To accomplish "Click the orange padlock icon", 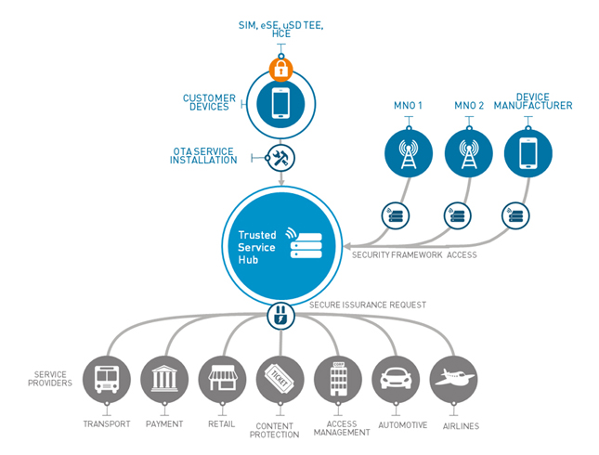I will tap(280, 68).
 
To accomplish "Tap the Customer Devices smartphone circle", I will tap(280, 103).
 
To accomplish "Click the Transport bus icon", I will tap(105, 379).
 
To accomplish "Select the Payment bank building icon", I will tap(163, 379).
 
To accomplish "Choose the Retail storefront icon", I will tap(222, 379).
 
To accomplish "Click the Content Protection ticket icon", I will tap(280, 379).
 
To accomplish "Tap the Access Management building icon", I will tap(338, 379).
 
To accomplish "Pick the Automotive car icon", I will tap(396, 379).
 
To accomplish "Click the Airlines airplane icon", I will tap(454, 379).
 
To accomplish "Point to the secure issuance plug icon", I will tap(280, 317).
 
